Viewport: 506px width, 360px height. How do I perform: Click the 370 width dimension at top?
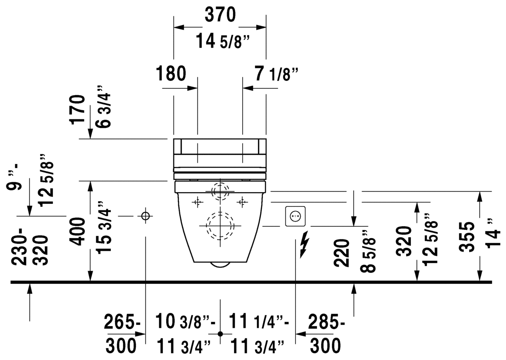pos(220,15)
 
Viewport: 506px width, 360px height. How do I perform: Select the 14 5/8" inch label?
pos(223,41)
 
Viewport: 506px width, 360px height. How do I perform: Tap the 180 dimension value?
pos(171,73)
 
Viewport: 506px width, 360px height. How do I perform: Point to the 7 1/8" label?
pos(276,74)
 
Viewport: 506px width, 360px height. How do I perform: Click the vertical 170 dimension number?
pos(78,110)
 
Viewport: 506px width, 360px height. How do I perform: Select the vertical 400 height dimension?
pos(78,231)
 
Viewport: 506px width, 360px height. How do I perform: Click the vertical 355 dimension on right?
pos(467,236)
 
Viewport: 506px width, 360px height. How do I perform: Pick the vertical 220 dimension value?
pos(342,253)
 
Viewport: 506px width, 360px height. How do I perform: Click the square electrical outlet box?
pos(295,216)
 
